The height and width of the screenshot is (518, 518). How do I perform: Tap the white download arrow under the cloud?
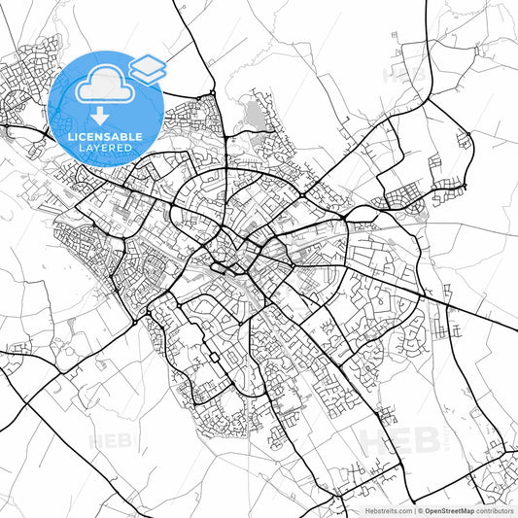click(x=100, y=114)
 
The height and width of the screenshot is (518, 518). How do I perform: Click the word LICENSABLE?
click(x=105, y=136)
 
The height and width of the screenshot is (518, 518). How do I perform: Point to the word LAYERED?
click(x=105, y=149)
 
